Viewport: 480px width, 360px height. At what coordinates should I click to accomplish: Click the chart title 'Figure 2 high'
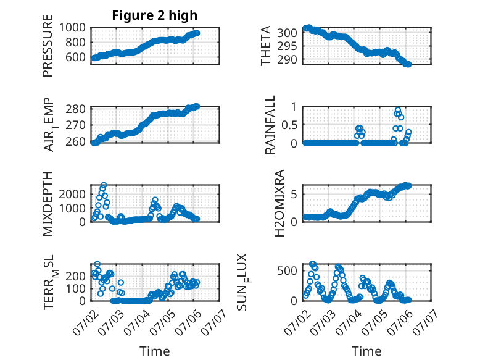pos(155,15)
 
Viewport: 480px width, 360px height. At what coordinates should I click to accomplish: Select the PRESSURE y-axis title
pos(48,46)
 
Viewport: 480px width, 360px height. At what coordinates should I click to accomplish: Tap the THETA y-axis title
pos(266,46)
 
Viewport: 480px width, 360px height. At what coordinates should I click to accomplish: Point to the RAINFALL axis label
pos(270,125)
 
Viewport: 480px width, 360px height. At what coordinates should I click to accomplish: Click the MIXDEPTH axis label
pos(48,204)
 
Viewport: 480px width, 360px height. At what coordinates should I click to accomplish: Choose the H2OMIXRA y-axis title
pos(279,203)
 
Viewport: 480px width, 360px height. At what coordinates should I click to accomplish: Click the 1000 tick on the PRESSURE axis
pos(72,28)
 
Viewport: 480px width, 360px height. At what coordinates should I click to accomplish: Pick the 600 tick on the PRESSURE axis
pos(76,57)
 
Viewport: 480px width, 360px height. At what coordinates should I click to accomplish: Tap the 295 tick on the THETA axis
pos(287,46)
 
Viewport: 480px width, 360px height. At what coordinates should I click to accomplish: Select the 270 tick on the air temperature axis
pos(76,125)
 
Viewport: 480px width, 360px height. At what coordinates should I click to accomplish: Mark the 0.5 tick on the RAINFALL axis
pos(289,125)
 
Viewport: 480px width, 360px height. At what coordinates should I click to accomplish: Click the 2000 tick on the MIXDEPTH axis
pos(72,194)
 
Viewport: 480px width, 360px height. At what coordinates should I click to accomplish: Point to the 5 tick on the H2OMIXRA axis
pos(294,194)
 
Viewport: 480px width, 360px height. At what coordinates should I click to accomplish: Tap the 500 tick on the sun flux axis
pos(287,270)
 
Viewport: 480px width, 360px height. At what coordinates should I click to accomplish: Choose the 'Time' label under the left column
pos(155,351)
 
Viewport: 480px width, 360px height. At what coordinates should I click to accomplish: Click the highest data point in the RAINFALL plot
pos(398,111)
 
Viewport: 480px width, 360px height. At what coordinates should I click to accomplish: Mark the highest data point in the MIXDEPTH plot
pos(104,185)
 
